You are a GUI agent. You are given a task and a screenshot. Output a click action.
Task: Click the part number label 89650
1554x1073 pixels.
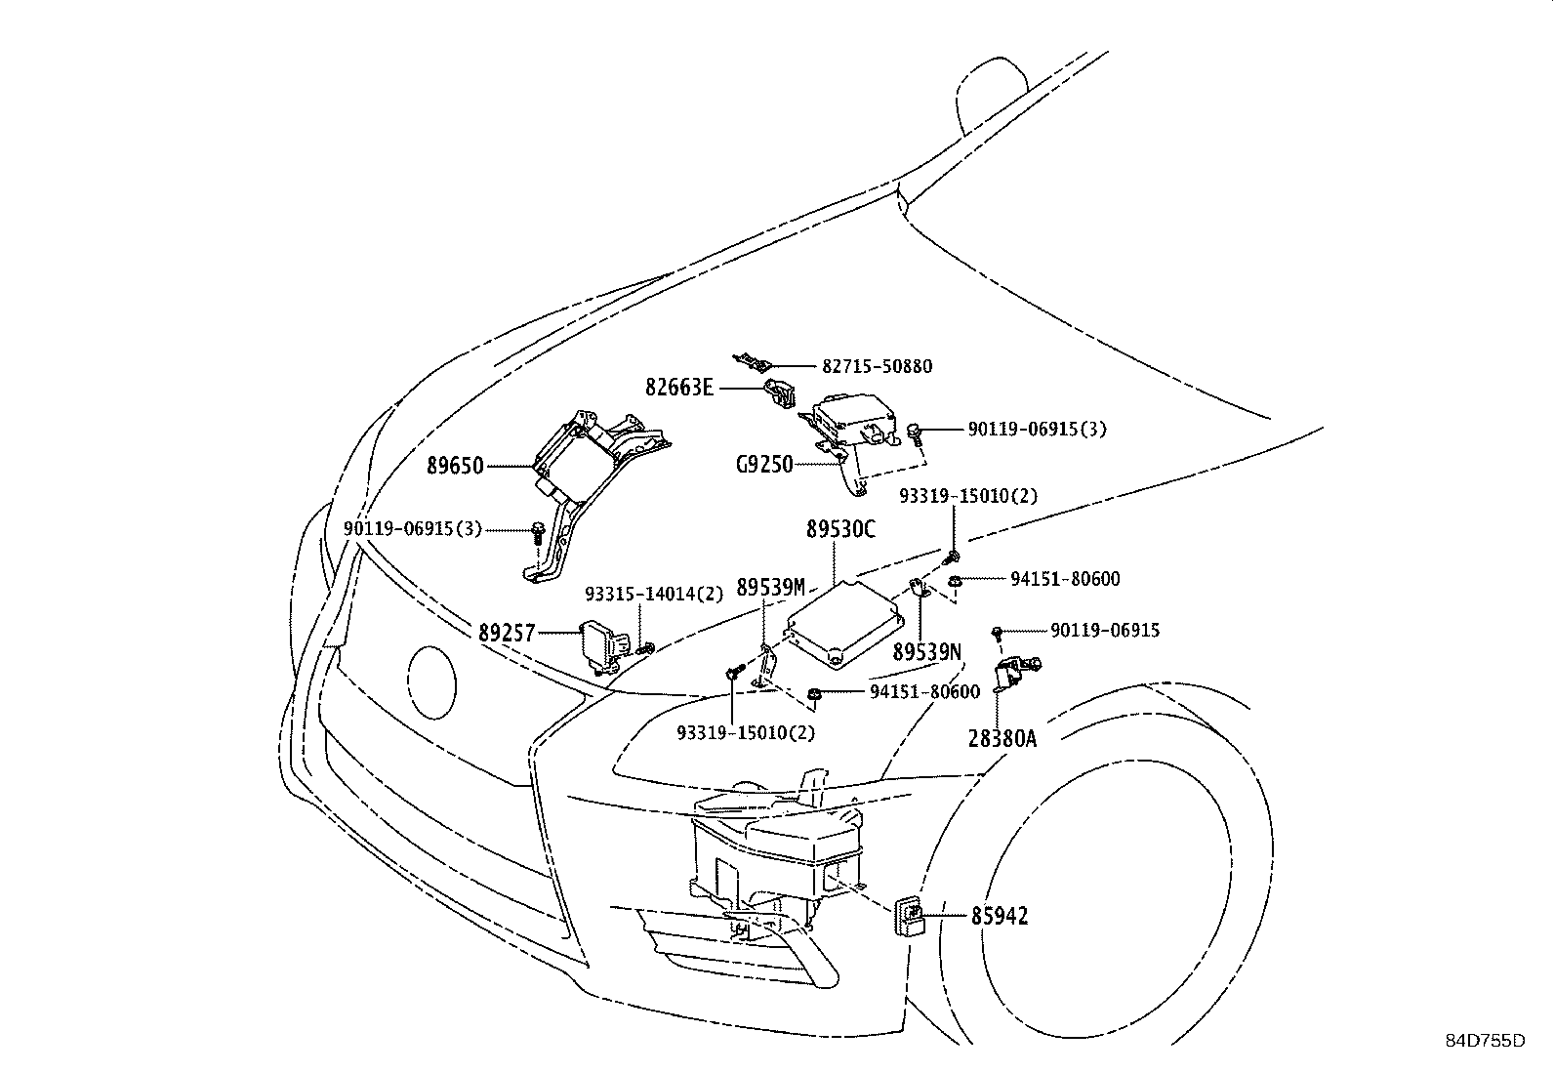pos(454,467)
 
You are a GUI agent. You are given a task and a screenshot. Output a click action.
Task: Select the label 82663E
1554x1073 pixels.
pos(679,388)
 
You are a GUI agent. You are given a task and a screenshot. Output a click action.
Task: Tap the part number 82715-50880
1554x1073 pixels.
pos(877,367)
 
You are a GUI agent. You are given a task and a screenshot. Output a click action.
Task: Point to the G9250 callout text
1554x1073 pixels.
pos(764,466)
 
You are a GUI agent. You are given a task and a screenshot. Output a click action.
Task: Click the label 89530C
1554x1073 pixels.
pos(840,530)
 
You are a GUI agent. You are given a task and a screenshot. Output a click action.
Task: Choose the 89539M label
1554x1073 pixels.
pos(770,587)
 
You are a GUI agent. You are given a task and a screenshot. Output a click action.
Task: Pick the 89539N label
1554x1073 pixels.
pos(926,652)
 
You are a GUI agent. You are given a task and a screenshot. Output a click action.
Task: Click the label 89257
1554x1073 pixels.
pos(507,633)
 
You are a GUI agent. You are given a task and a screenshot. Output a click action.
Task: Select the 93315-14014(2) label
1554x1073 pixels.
pos(654,595)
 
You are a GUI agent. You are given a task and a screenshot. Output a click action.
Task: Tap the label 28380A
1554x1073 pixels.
pos(1002,738)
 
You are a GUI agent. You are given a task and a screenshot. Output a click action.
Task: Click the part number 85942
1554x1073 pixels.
pos(999,917)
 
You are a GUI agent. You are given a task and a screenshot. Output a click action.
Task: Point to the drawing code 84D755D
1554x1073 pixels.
pos(1485,1041)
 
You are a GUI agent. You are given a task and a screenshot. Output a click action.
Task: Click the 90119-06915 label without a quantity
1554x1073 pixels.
pos(1105,631)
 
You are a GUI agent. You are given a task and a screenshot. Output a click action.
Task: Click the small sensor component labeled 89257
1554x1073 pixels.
pos(600,643)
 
